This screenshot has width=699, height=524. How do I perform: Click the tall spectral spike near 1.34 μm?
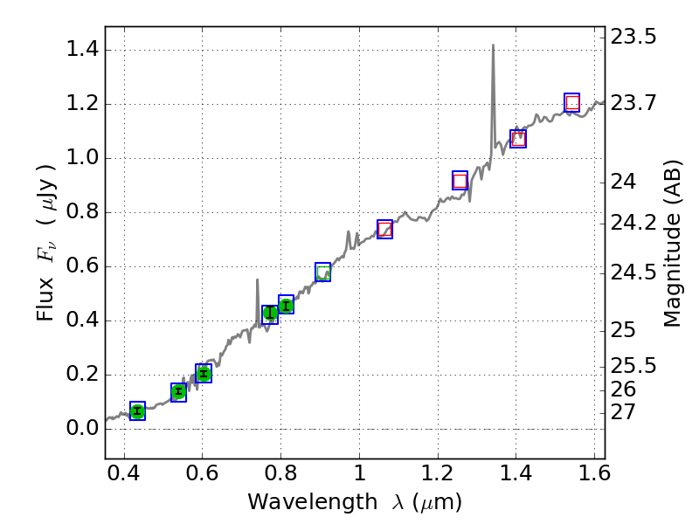[x=493, y=52]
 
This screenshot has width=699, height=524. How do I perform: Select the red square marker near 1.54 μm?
[x=572, y=102]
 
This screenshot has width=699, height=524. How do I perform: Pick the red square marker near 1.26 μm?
[x=460, y=181]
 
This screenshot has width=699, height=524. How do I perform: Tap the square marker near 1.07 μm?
[x=384, y=229]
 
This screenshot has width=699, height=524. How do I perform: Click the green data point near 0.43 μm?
[x=137, y=411]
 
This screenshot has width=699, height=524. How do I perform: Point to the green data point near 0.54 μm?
[x=178, y=392]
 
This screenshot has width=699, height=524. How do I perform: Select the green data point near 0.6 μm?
[x=204, y=374]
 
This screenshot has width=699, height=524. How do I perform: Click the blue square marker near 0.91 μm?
[x=322, y=272]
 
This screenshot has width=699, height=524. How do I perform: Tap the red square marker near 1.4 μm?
[x=518, y=139]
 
